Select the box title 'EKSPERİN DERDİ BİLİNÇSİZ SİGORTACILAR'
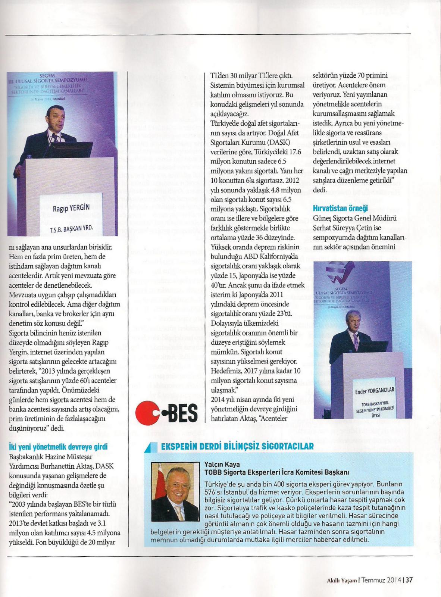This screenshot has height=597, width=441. pyautogui.click(x=237, y=446)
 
